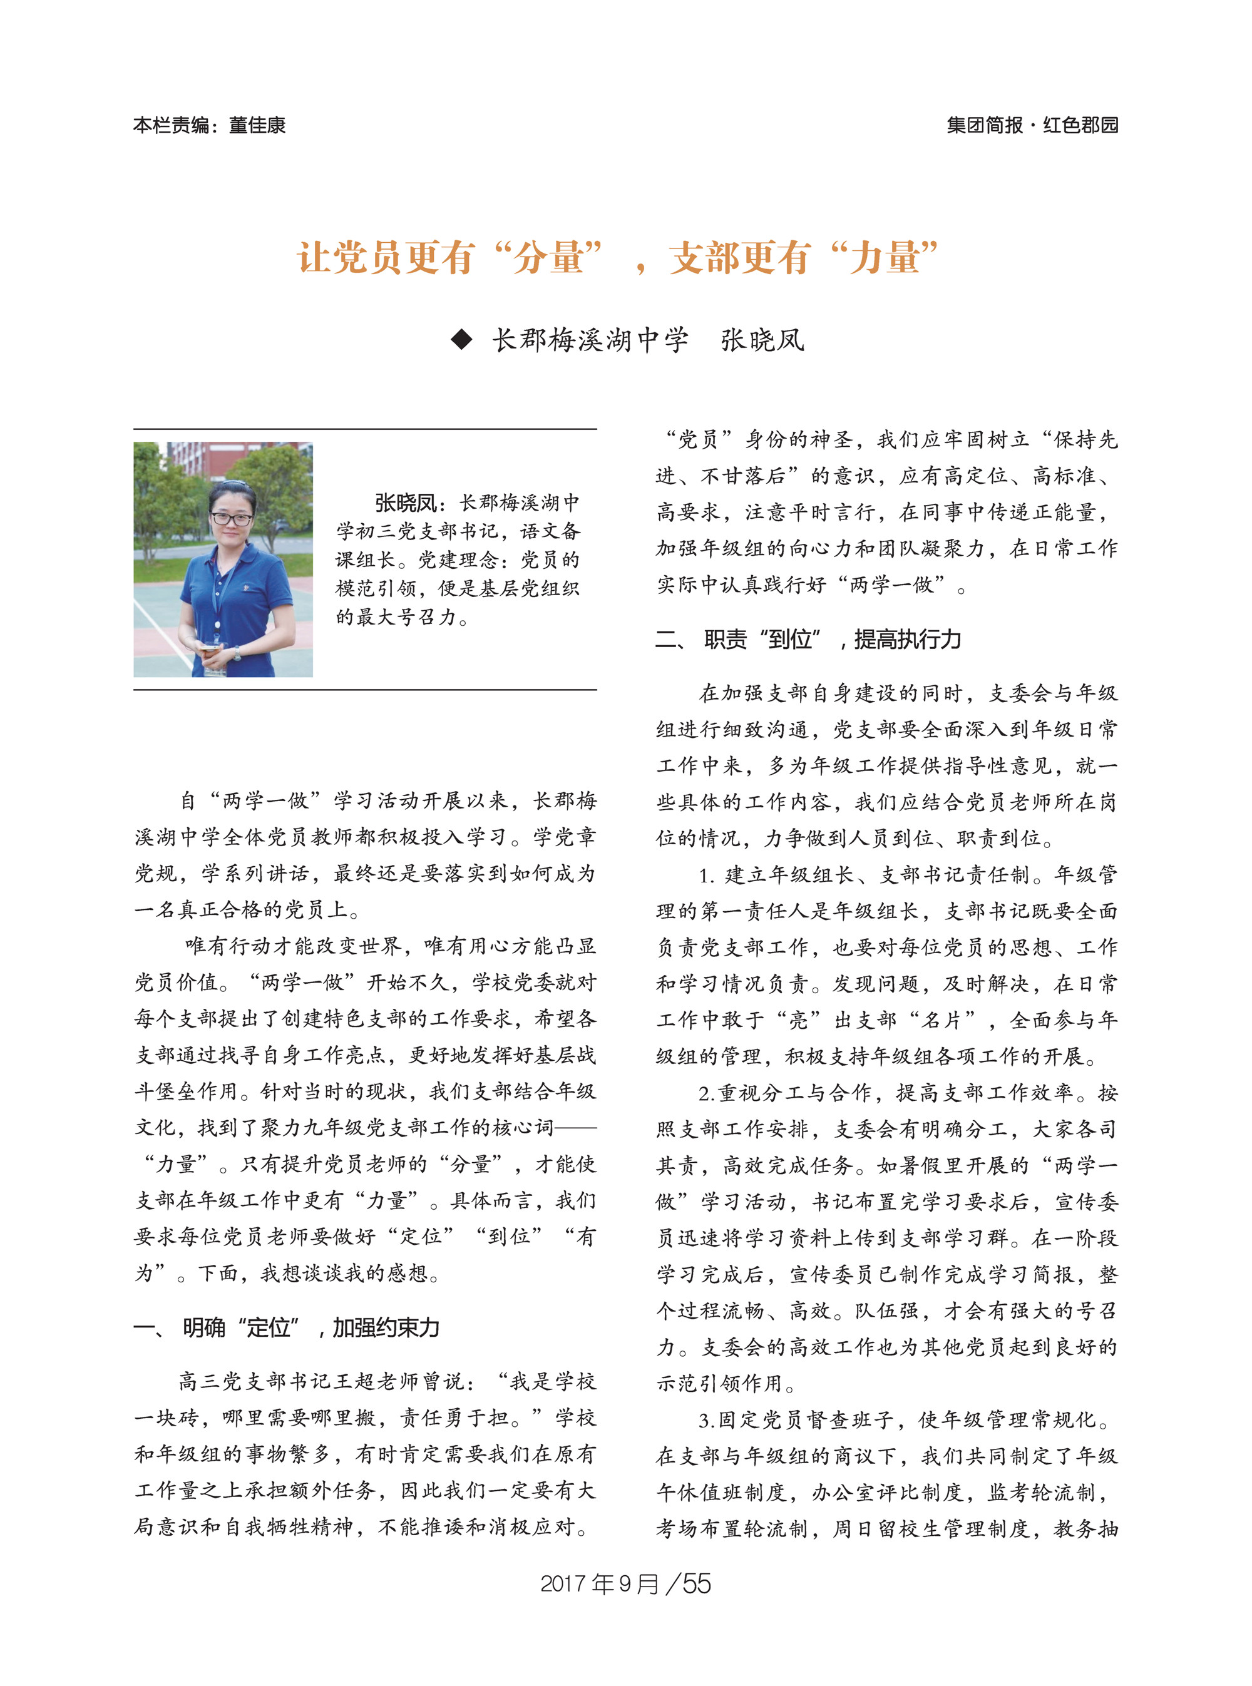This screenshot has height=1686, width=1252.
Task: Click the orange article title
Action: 618,258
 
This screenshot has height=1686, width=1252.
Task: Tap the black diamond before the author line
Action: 461,339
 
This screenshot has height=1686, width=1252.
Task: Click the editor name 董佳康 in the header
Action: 258,125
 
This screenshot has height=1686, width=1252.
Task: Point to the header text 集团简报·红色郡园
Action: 1032,125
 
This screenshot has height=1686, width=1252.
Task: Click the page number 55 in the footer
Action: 697,1584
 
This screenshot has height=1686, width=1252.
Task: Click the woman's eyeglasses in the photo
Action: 231,519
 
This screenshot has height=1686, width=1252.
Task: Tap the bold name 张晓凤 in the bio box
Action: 406,503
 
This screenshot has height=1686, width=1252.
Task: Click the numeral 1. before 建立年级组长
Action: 706,875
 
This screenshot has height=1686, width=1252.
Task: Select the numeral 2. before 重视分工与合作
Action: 706,1093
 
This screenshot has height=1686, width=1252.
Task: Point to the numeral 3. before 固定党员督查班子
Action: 706,1419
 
